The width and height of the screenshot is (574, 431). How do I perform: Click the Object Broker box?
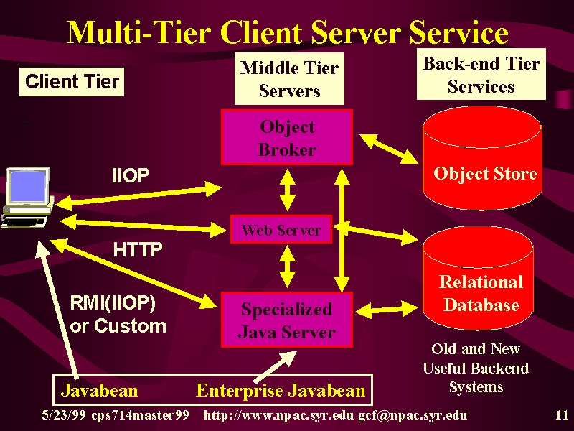click(x=287, y=137)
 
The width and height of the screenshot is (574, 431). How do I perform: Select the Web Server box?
click(x=281, y=229)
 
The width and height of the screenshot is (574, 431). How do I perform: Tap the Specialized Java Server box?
click(x=287, y=320)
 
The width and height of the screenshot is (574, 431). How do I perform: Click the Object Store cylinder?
click(x=482, y=158)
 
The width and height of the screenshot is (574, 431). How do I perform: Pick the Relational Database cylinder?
click(x=478, y=279)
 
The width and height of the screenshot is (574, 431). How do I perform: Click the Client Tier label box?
click(x=72, y=82)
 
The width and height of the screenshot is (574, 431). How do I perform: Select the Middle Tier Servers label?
click(x=289, y=79)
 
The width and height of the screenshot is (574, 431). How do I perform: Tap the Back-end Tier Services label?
click(x=481, y=75)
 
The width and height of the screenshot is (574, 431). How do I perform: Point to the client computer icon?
click(x=27, y=198)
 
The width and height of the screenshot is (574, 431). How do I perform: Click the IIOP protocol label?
click(x=131, y=175)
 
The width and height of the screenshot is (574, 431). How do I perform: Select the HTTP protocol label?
click(x=138, y=250)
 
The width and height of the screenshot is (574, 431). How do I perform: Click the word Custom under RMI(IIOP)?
click(x=131, y=326)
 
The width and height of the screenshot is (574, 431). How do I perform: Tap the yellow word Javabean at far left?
click(x=100, y=390)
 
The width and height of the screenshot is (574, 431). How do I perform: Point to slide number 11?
click(x=562, y=415)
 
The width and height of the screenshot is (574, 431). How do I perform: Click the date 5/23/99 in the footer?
click(x=64, y=415)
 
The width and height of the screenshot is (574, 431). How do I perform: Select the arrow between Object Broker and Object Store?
click(x=389, y=149)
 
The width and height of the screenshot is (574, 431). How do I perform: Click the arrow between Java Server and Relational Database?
click(x=386, y=310)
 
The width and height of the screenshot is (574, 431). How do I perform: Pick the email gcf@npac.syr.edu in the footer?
click(x=413, y=416)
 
